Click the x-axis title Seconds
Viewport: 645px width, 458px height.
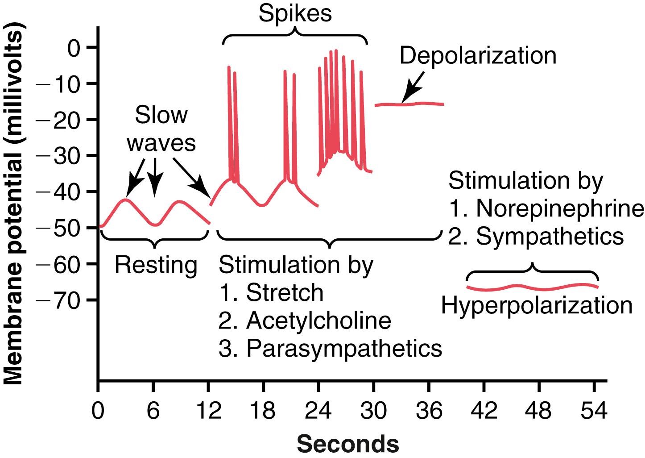pyautogui.click(x=347, y=444)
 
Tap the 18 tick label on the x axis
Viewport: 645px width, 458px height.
pyautogui.click(x=263, y=410)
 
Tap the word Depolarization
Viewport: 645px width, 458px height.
pyautogui.click(x=478, y=56)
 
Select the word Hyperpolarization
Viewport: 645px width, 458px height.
pyautogui.click(x=537, y=307)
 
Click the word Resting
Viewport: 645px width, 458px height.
pyautogui.click(x=156, y=266)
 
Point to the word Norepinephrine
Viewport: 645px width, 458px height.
pyautogui.click(x=559, y=208)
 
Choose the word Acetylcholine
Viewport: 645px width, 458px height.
pyautogui.click(x=318, y=321)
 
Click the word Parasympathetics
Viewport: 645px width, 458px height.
pyautogui.click(x=344, y=349)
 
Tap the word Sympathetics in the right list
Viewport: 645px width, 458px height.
pyautogui.click(x=550, y=237)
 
